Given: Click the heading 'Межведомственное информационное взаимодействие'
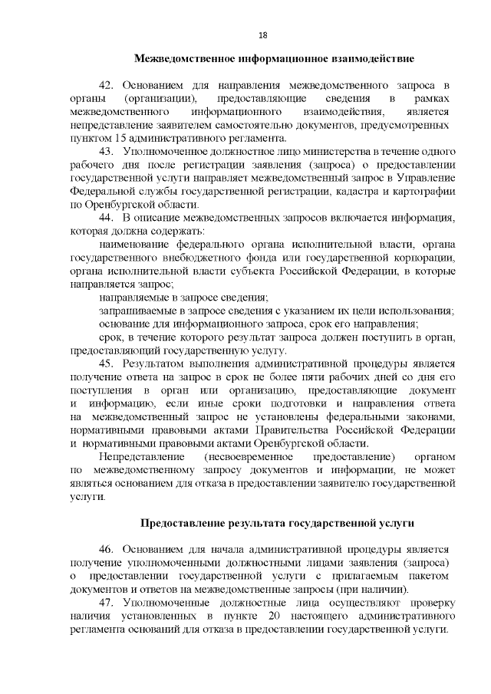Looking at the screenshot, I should tap(274, 58).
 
